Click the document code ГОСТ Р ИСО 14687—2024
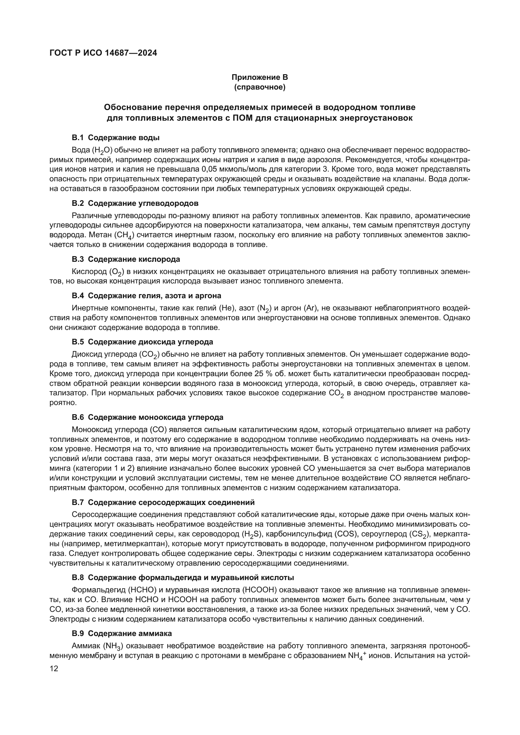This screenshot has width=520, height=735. [x=103, y=53]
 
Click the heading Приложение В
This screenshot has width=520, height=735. [x=260, y=77]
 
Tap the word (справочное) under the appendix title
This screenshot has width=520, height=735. [x=260, y=87]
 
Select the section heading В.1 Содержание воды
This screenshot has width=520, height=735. [x=116, y=138]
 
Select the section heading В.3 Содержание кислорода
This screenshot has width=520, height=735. [x=126, y=259]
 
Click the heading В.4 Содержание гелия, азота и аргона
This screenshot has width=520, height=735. [x=146, y=295]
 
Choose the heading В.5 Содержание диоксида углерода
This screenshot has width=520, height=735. [x=142, y=342]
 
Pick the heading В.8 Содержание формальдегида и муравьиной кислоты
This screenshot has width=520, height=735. [x=183, y=578]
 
